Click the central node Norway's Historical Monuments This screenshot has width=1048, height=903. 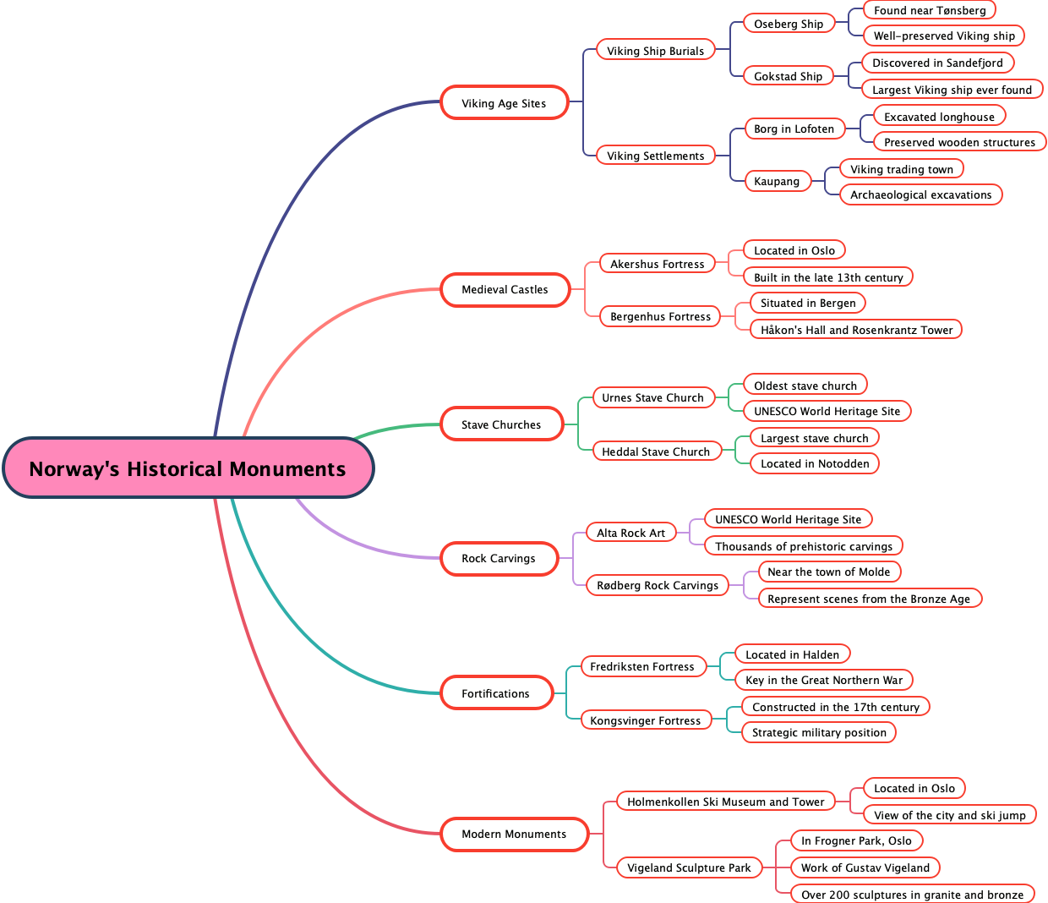(x=188, y=468)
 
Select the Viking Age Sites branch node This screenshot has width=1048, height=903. (x=504, y=103)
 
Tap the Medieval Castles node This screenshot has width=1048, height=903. (x=505, y=289)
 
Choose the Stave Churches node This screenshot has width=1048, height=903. (x=501, y=424)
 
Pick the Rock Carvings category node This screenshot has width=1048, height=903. (x=499, y=558)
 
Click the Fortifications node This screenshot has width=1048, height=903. (x=495, y=693)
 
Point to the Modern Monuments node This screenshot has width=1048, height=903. (x=514, y=834)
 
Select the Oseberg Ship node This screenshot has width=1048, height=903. (x=789, y=24)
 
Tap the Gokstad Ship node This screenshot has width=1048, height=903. (x=789, y=76)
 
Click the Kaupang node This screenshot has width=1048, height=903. (x=777, y=181)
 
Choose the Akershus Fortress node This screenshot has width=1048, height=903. (x=658, y=264)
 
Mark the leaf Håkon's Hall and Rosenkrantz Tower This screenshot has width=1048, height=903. (x=856, y=330)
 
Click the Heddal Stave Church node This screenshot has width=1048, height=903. (x=656, y=451)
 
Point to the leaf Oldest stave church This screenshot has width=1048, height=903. (x=805, y=386)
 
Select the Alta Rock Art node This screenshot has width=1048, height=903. (x=631, y=533)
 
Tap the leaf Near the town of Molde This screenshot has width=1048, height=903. (x=829, y=572)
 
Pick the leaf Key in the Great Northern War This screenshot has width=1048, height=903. (x=824, y=680)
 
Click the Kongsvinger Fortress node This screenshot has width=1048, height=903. (x=646, y=720)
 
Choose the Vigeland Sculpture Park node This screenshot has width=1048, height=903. (x=689, y=867)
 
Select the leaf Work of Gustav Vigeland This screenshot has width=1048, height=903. (x=865, y=867)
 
